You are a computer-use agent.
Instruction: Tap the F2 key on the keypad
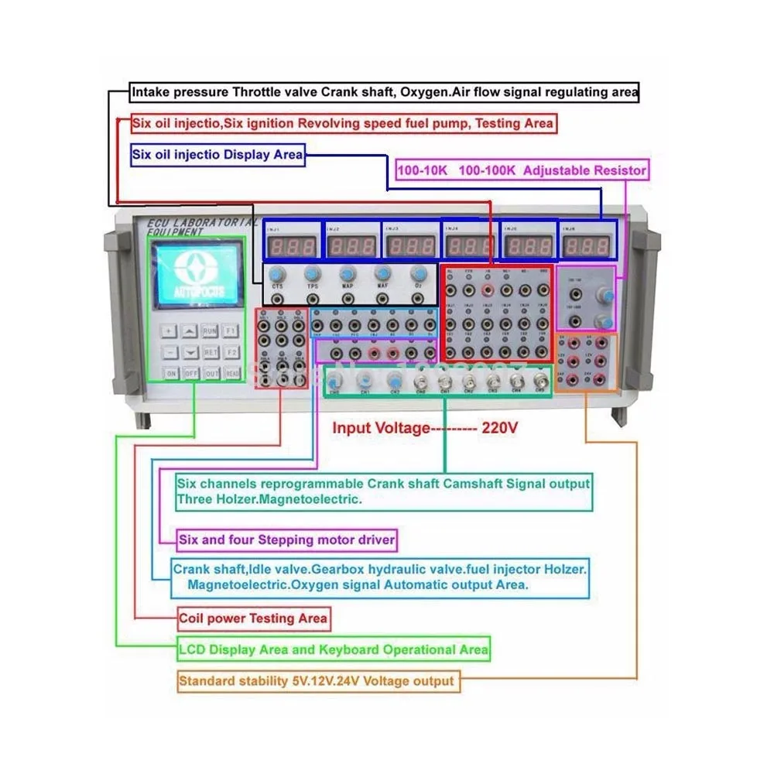coord(231,352)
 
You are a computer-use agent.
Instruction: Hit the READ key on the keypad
coord(231,373)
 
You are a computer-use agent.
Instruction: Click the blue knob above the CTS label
coord(277,273)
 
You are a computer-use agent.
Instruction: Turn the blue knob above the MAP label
coord(348,273)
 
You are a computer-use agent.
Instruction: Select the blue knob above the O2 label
coord(419,273)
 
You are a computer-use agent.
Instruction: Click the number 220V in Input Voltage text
coord(500,428)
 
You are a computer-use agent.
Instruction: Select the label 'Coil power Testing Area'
coord(253,618)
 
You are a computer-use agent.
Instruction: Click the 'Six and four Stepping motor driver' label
coord(286,539)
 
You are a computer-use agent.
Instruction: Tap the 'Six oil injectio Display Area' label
coord(217,155)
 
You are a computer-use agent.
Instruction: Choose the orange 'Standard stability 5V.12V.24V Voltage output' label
coord(316,682)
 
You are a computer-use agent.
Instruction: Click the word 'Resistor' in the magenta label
coord(619,170)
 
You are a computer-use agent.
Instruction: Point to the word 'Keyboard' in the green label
coord(354,649)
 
